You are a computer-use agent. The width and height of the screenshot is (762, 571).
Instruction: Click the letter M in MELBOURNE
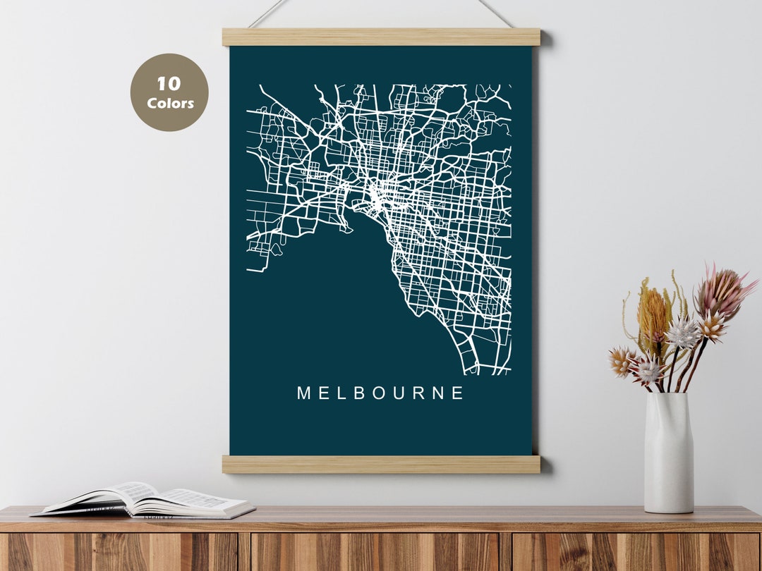[x=303, y=393]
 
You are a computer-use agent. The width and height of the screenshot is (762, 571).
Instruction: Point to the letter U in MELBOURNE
[x=397, y=393]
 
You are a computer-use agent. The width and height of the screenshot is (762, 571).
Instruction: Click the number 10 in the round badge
[x=169, y=84]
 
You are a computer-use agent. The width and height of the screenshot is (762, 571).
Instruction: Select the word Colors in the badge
[x=170, y=104]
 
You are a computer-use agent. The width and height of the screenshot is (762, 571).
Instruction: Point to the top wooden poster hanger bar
[x=381, y=37]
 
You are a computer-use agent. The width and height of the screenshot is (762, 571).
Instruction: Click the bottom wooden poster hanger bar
[x=381, y=464]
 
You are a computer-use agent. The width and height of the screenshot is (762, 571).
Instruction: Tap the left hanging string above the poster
[x=268, y=13]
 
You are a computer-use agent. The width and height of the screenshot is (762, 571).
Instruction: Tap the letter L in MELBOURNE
[x=340, y=393]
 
